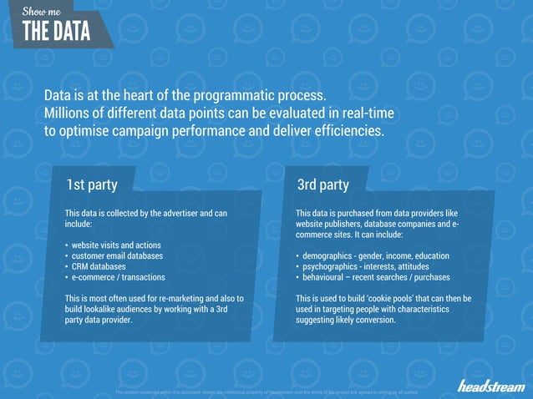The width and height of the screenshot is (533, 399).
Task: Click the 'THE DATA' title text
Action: pyautogui.click(x=55, y=32)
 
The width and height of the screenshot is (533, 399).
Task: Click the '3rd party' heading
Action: pyautogui.click(x=322, y=184)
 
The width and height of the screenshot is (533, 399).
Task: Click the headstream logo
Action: pyautogui.click(x=490, y=386)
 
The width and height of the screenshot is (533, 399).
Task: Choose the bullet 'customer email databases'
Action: pyautogui.click(x=117, y=256)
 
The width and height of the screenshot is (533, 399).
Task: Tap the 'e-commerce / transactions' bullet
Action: pyautogui.click(x=118, y=277)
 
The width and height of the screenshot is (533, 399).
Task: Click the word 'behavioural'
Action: pyautogui.click(x=326, y=277)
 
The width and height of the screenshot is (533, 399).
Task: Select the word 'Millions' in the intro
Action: pyautogui.click(x=70, y=113)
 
